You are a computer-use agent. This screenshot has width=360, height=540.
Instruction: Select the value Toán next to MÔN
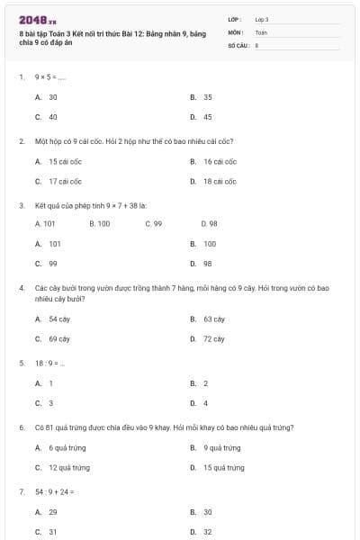tap(261, 31)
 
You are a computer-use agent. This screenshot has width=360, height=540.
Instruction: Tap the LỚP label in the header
tap(236, 19)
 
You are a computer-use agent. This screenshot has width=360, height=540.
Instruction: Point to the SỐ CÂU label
tap(238, 44)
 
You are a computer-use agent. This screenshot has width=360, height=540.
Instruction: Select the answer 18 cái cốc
tap(220, 182)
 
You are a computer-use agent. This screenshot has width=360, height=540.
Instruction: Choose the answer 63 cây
tap(213, 319)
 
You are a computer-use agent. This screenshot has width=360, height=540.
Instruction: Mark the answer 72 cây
tap(213, 339)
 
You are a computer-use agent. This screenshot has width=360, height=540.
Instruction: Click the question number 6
tap(21, 427)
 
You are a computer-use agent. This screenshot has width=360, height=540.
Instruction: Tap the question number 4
tap(21, 288)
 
